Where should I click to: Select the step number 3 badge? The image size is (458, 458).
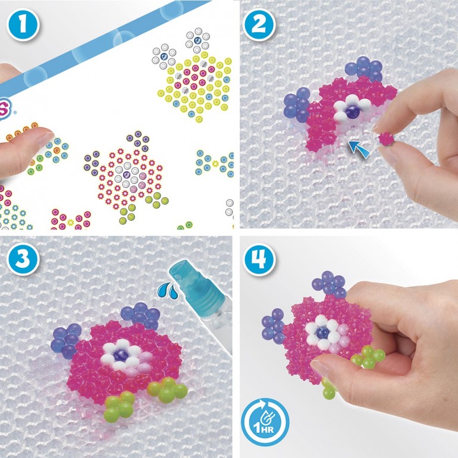23,259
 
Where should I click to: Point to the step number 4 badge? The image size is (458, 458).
259,259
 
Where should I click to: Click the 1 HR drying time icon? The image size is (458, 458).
265,422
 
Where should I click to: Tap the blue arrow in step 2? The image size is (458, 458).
359,148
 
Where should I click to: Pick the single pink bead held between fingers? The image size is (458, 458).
385,138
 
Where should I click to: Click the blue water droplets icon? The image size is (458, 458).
168,290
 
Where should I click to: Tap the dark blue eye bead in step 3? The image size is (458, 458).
120,355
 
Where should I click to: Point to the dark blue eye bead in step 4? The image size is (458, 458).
322,332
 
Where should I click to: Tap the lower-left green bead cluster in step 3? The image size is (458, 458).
119,406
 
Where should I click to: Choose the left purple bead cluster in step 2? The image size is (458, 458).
296,105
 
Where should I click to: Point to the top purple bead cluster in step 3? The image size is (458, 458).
141,315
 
